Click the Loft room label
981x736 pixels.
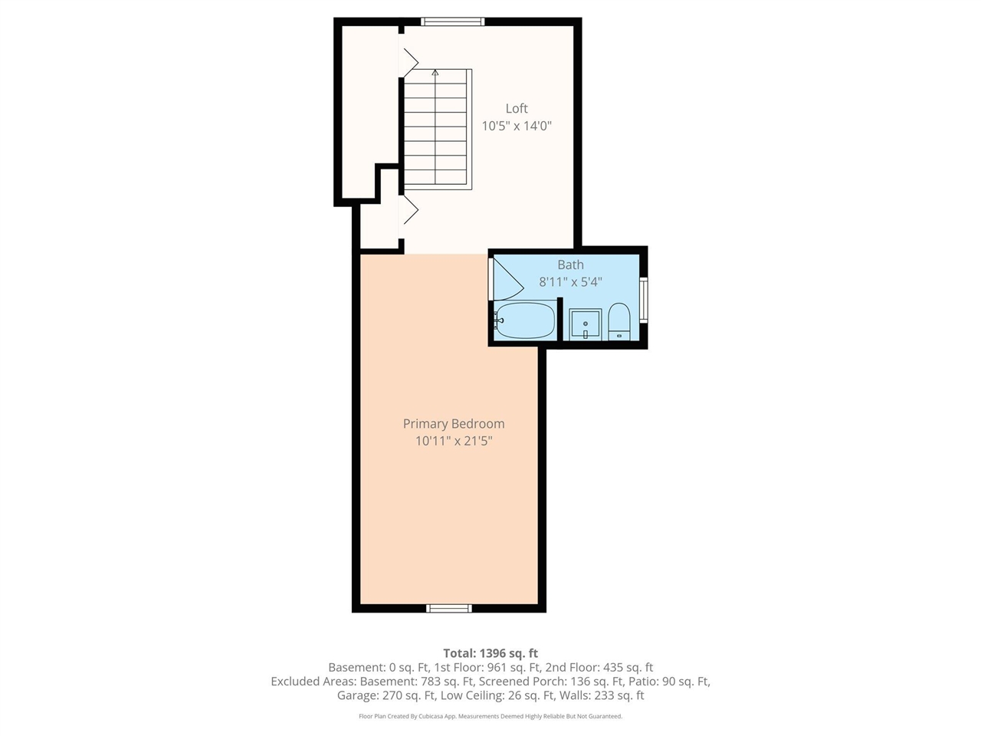[517, 109]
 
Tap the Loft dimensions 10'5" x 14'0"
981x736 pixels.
[517, 126]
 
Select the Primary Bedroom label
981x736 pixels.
[454, 424]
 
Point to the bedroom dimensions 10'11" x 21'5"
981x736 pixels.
[454, 441]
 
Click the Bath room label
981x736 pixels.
[570, 264]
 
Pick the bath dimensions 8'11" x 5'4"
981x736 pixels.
[570, 282]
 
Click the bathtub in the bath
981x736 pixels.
[526, 320]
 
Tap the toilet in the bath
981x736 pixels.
[619, 322]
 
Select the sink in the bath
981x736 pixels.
[585, 324]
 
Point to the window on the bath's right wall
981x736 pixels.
[644, 300]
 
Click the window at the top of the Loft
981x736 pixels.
[453, 21]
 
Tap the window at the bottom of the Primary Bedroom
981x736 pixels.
[448, 608]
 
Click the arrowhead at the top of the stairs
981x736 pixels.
[435, 72]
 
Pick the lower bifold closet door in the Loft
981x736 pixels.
[410, 209]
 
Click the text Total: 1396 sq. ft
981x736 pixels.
[490, 653]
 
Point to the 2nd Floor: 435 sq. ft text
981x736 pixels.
[599, 667]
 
